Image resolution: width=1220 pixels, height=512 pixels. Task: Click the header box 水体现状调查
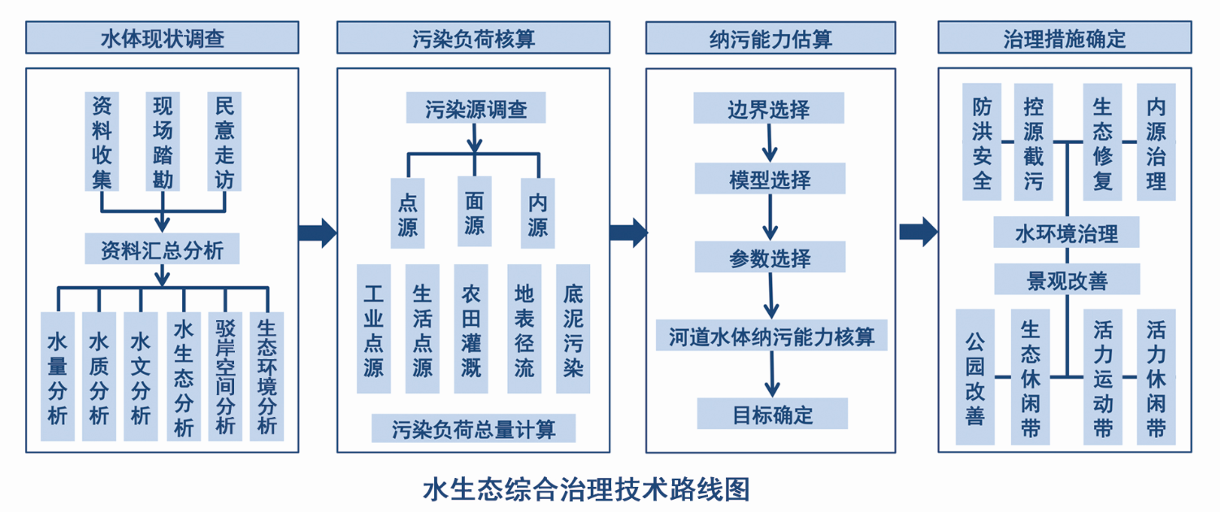click(x=163, y=37)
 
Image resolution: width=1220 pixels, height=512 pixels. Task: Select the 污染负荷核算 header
click(x=473, y=37)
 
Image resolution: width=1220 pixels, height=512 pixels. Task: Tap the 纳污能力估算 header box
click(x=770, y=37)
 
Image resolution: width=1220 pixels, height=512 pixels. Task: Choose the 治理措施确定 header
click(x=1064, y=37)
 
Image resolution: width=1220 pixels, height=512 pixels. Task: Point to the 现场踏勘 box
click(x=163, y=141)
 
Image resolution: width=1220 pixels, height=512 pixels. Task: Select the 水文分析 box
click(x=141, y=376)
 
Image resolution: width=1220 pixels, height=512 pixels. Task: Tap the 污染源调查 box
click(x=475, y=109)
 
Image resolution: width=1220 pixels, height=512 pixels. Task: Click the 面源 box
click(x=474, y=211)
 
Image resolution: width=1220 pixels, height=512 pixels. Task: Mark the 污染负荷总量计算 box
click(x=473, y=428)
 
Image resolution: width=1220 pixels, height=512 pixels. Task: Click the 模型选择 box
click(x=770, y=178)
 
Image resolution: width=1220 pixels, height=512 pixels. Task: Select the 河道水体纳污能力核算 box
click(x=771, y=335)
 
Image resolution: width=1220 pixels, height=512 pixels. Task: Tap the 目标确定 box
click(x=772, y=414)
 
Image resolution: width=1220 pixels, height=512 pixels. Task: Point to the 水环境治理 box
click(x=1066, y=234)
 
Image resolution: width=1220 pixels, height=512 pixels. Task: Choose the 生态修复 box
click(x=1102, y=141)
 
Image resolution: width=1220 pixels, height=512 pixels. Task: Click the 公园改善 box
click(x=975, y=376)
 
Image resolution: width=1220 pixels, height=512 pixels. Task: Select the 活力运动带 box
click(x=1103, y=376)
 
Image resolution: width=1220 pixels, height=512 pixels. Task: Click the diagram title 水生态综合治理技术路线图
click(x=585, y=489)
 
